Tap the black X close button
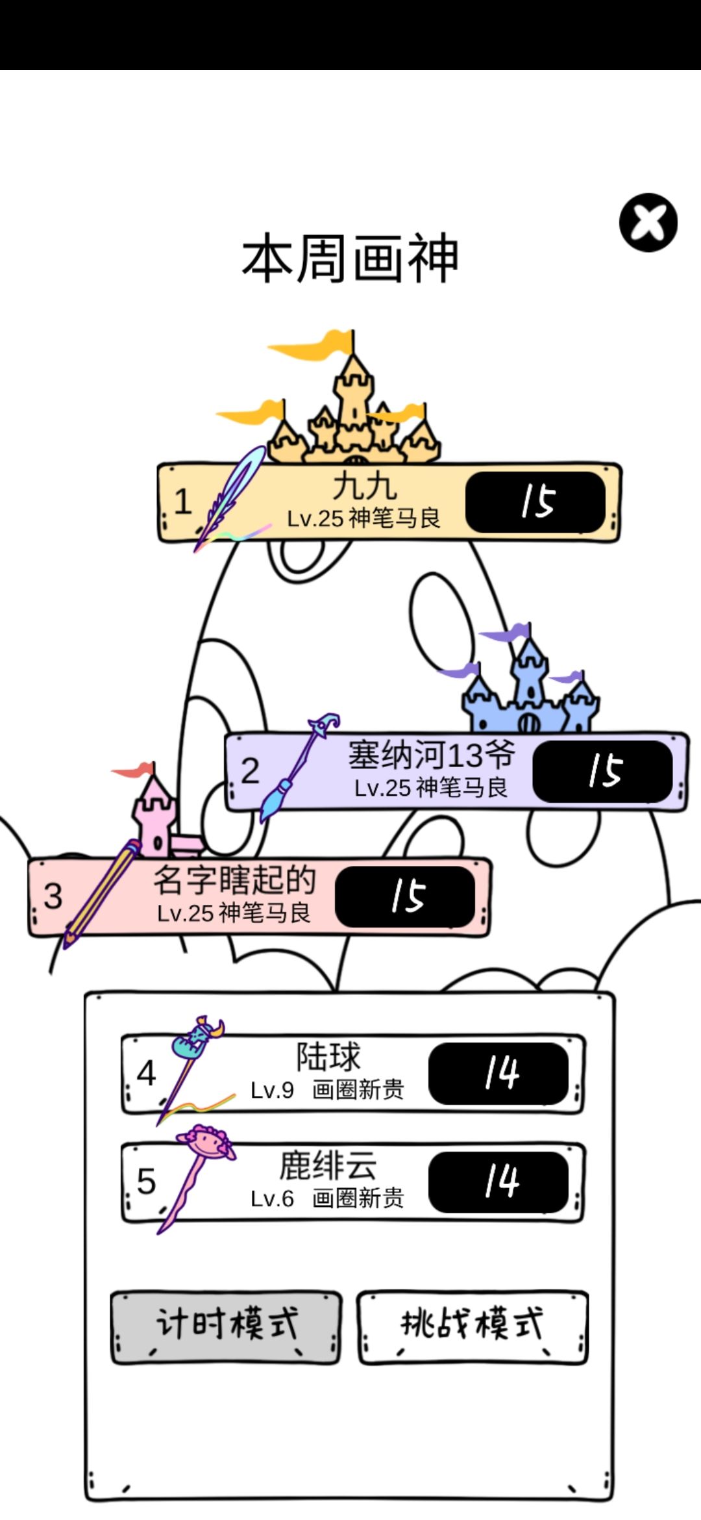tap(648, 222)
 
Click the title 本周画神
tap(350, 259)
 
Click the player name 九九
tap(365, 485)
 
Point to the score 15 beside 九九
tap(535, 502)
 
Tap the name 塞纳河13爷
tap(432, 755)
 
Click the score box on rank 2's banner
tap(602, 772)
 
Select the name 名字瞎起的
tap(234, 880)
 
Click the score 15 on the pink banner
tap(405, 897)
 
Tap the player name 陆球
tap(328, 1057)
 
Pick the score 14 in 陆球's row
tap(498, 1073)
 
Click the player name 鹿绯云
tap(328, 1165)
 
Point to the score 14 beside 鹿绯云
tap(498, 1182)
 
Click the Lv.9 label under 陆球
tap(273, 1089)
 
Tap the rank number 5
tap(147, 1181)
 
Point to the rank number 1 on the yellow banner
tap(182, 501)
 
